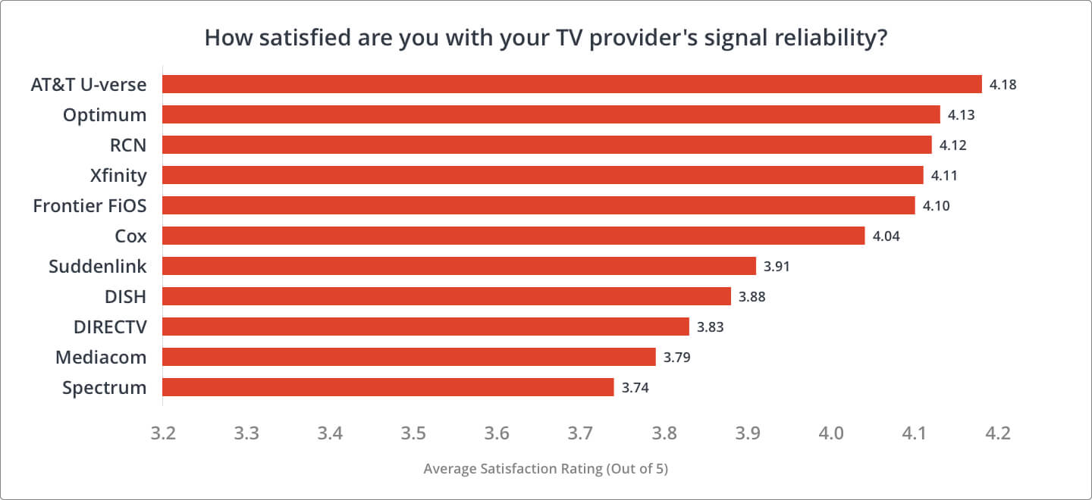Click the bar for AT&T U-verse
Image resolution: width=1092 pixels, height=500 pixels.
click(572, 84)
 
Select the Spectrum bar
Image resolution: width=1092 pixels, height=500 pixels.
click(388, 387)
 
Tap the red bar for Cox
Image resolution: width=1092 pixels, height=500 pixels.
click(513, 236)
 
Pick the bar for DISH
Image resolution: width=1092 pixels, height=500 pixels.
click(447, 296)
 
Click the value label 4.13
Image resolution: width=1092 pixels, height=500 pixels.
click(961, 115)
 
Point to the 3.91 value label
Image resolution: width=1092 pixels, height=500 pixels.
click(777, 267)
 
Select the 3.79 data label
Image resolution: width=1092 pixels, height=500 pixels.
click(677, 358)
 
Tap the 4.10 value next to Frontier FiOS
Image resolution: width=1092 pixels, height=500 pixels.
click(936, 206)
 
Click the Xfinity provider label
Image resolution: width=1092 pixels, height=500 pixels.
click(118, 176)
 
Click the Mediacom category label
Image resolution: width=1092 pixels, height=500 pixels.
click(101, 357)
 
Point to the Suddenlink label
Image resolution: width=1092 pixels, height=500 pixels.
click(97, 267)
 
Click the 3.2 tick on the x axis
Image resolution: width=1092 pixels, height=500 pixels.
click(163, 434)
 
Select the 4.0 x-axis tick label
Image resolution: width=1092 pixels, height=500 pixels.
click(831, 434)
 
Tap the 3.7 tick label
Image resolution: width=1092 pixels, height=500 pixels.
click(580, 434)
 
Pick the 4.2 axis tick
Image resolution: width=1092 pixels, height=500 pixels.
click(998, 434)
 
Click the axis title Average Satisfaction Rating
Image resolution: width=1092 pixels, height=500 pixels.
click(545, 469)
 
